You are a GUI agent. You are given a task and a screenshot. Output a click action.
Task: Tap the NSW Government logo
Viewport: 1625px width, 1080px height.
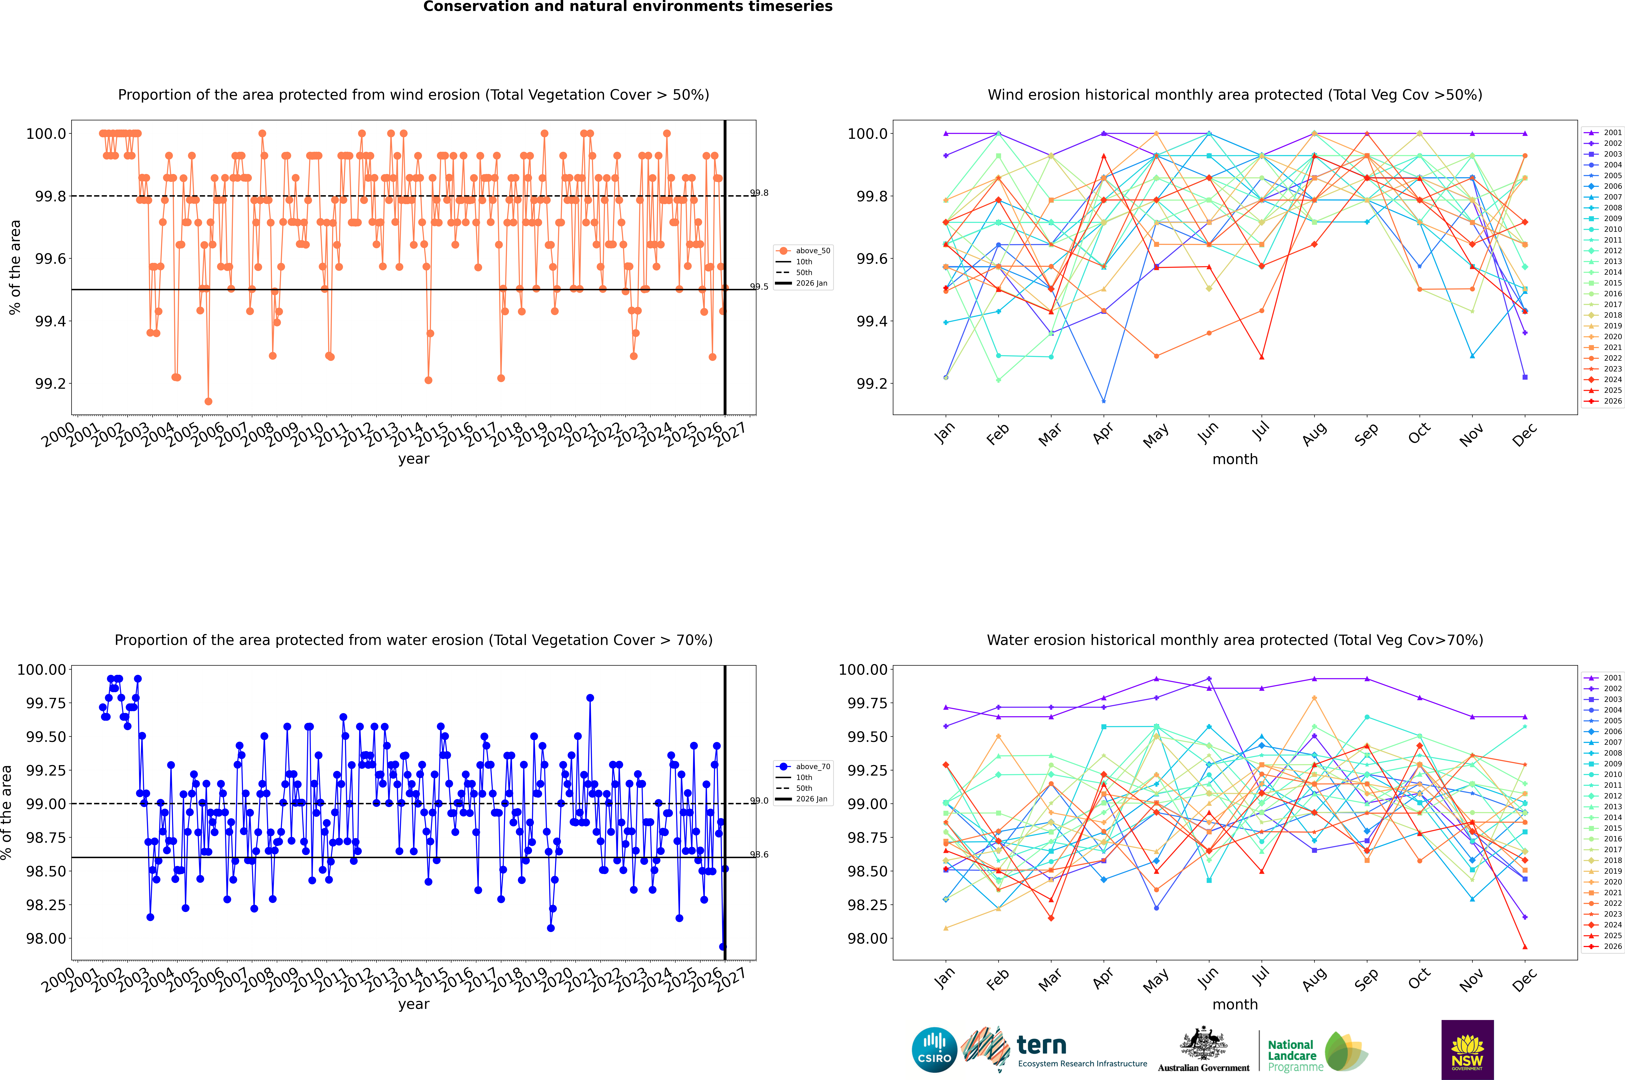(1467, 1050)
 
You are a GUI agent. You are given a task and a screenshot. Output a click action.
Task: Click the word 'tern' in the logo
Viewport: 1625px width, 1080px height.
(1042, 1046)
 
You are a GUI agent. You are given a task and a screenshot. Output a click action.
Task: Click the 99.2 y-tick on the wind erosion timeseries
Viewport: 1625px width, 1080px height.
(50, 384)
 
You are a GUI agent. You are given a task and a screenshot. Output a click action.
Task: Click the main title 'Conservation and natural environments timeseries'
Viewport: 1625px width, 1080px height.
(628, 7)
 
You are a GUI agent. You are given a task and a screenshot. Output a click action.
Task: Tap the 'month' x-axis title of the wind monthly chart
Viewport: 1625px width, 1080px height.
(1235, 459)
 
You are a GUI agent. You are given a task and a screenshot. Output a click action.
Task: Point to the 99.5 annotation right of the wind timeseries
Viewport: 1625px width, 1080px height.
(759, 286)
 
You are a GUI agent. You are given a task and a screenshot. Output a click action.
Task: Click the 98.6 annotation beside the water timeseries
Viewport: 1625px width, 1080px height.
(759, 855)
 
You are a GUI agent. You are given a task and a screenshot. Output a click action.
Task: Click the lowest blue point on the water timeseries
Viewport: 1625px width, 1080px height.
(723, 946)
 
